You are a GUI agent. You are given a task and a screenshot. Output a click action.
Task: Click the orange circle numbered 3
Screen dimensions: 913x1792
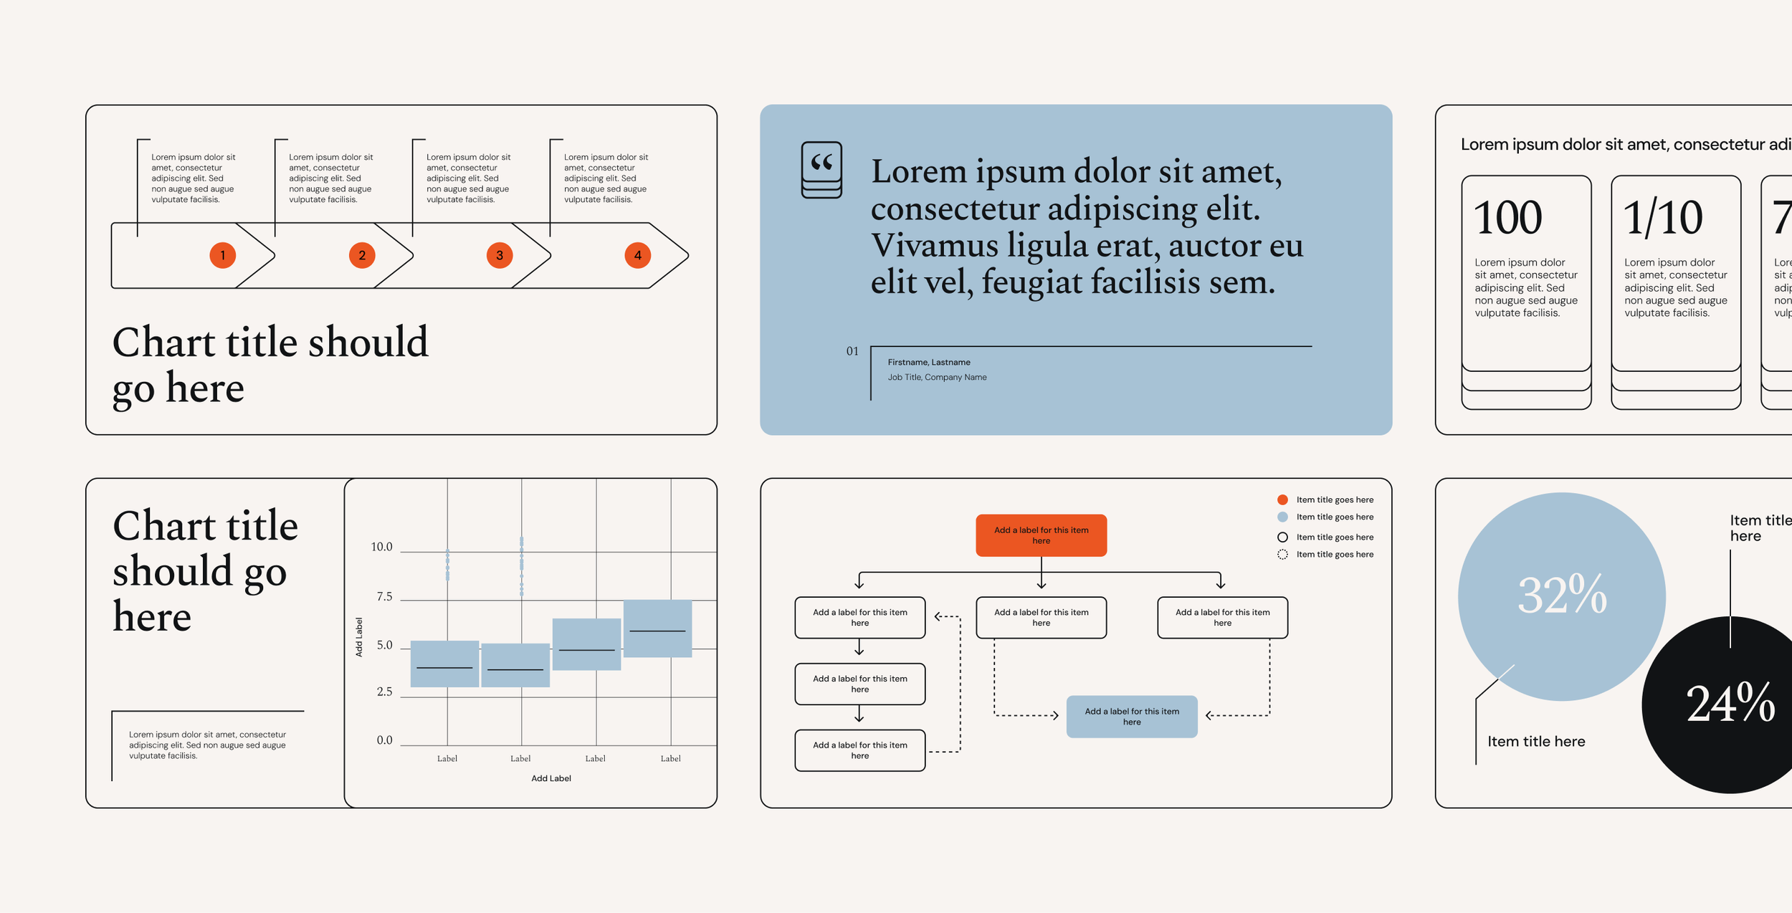[x=500, y=255]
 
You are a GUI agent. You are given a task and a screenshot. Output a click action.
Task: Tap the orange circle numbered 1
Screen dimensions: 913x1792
[x=223, y=255]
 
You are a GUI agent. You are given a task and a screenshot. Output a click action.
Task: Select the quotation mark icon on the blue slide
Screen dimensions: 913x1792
[x=821, y=170]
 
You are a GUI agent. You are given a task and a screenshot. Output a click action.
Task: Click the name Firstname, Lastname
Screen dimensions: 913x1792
[x=929, y=363]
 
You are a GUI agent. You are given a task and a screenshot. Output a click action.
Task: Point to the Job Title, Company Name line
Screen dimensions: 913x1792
[x=937, y=378]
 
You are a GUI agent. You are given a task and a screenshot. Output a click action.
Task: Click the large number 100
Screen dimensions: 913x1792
[x=1508, y=218]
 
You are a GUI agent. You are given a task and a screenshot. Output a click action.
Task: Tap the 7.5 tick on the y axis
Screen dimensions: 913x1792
[x=384, y=596]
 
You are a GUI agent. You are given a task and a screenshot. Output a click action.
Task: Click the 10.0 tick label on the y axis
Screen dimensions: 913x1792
[x=381, y=547]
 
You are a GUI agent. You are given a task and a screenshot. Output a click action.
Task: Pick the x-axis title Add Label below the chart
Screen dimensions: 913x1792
[x=551, y=778]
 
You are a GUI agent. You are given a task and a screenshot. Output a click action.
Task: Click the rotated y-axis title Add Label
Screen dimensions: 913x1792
[x=359, y=637]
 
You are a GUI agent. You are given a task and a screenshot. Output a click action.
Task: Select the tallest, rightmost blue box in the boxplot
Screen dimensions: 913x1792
[x=657, y=628]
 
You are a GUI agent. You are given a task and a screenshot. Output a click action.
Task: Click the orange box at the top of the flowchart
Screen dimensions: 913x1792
[x=1041, y=535]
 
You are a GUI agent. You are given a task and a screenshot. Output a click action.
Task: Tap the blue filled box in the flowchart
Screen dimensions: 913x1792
[x=1132, y=717]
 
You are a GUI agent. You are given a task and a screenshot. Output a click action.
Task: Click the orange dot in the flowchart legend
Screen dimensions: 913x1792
[x=1282, y=499]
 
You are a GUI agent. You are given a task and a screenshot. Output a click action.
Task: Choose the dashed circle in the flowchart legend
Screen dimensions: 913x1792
[x=1282, y=555]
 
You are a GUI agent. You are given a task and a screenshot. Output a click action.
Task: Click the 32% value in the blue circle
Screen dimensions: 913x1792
[x=1563, y=595]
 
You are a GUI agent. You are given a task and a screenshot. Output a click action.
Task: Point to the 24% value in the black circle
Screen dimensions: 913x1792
[x=1730, y=704]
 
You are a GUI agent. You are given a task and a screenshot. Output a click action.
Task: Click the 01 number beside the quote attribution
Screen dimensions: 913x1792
[x=852, y=351]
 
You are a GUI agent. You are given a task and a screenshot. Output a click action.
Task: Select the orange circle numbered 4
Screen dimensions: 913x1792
[x=637, y=255]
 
